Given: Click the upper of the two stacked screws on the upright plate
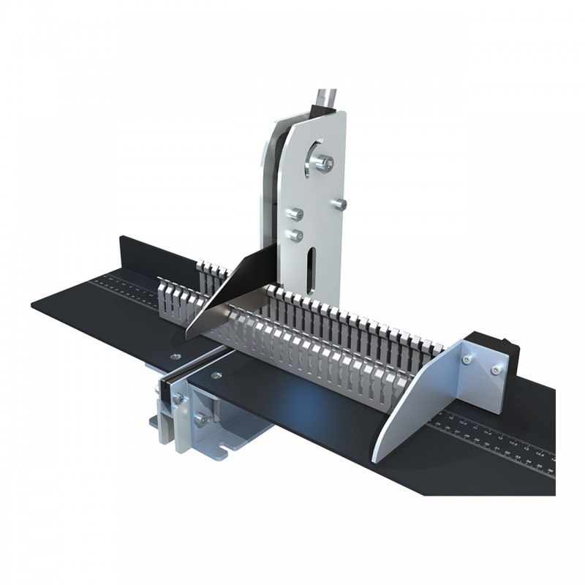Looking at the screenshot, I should [x=295, y=213].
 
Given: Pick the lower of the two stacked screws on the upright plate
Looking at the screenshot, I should [x=295, y=235].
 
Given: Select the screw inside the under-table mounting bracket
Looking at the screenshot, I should [x=200, y=418].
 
